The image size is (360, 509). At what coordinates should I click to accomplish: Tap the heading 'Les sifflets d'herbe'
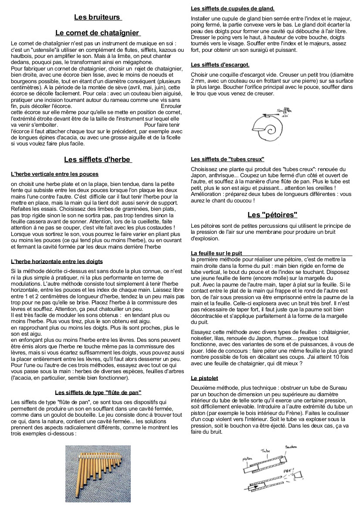[97, 159]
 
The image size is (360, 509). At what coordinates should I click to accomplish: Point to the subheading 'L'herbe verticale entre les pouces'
[54, 174]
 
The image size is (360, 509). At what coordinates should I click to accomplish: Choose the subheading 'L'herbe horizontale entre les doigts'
[57, 262]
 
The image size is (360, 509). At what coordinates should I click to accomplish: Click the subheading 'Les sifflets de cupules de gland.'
[233, 8]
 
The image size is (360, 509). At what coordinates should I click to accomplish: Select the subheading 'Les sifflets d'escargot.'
[220, 65]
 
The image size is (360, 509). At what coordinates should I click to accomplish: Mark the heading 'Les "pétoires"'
[272, 215]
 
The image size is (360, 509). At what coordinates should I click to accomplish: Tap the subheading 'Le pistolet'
[204, 378]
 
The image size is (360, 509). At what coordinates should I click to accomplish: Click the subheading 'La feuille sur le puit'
[217, 253]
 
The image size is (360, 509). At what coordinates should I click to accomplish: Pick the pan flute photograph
[98, 473]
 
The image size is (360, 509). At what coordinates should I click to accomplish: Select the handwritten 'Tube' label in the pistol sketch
[265, 451]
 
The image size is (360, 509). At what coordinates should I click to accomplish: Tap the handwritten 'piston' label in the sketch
[247, 459]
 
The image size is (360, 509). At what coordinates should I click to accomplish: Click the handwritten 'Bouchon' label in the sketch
[291, 447]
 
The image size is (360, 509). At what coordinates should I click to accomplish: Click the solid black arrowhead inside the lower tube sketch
[255, 486]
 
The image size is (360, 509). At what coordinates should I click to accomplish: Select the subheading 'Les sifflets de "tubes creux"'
[228, 159]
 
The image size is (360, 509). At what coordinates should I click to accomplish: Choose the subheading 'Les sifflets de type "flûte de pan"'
[98, 392]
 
